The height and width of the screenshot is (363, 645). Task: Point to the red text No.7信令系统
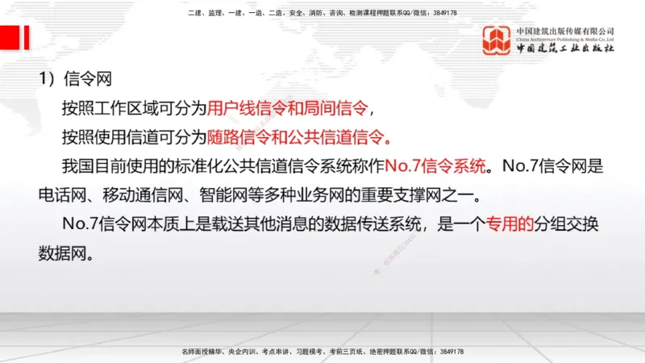(x=436, y=166)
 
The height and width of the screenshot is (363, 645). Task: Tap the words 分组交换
(x=570, y=225)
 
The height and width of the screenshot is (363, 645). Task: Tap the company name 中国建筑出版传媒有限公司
(x=565, y=31)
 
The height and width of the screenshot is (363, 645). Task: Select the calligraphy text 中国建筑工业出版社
(x=565, y=48)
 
